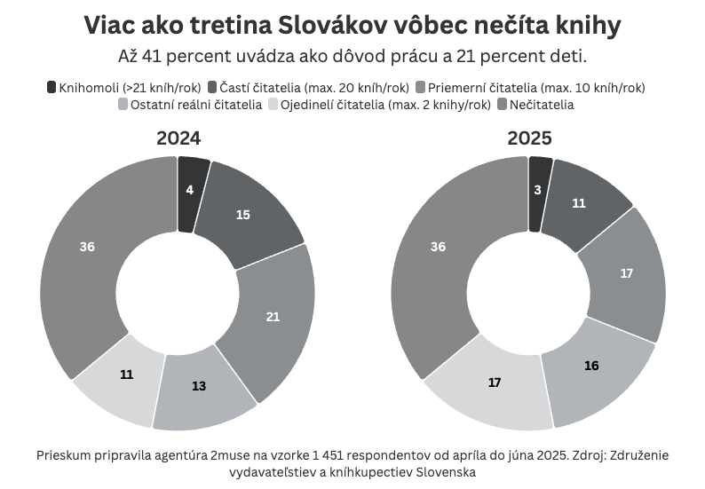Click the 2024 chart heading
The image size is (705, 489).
[178, 138]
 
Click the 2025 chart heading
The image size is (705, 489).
[529, 138]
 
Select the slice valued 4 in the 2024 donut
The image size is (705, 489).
[191, 191]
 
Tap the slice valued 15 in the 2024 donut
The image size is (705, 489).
[243, 214]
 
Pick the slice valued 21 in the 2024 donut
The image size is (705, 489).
[273, 316]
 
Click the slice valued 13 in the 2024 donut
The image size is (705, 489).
[199, 386]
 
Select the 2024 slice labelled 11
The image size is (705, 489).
[126, 375]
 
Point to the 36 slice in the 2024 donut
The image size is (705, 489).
[87, 247]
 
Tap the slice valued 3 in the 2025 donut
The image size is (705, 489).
[539, 191]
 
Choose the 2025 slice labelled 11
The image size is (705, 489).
[579, 203]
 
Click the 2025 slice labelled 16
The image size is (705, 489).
[590, 366]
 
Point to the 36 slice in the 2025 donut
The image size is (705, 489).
[438, 247]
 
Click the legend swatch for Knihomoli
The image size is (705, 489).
[51, 87]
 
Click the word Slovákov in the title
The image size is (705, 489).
[338, 26]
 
